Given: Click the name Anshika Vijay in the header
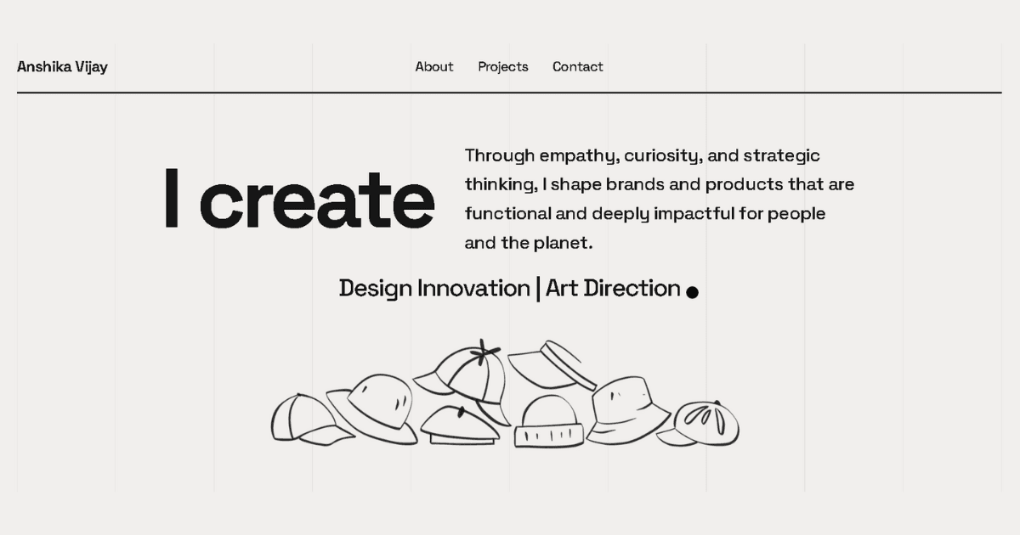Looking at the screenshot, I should point(62,67).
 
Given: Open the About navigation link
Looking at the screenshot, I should point(433,67).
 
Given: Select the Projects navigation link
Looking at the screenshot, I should point(502,67).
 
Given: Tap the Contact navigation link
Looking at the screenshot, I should point(577,67).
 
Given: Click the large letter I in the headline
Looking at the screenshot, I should point(172,198).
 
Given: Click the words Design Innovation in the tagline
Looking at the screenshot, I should point(433,289).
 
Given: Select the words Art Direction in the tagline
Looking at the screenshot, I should point(613,289).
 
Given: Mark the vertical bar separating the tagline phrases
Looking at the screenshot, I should point(538,289).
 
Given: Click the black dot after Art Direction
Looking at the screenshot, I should point(692,292).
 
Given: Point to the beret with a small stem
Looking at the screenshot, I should point(460,425).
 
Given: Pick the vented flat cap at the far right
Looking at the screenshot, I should point(704,424).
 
